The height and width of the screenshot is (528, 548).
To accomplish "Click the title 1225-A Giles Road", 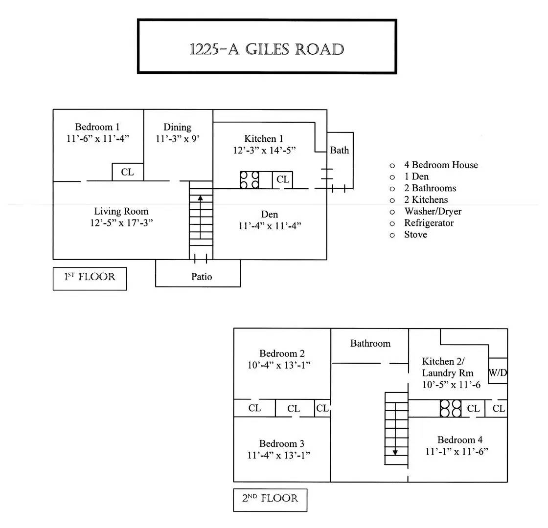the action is point(267,49).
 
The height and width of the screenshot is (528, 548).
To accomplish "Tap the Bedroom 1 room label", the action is point(97,127).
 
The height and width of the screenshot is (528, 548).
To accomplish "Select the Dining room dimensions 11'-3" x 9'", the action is point(177,139).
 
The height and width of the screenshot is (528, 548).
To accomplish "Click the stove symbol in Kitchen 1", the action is point(250,179).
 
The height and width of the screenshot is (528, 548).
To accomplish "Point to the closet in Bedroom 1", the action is point(127,172).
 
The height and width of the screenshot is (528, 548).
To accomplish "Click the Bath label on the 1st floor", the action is point(339,150).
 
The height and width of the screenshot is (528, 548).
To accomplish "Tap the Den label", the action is point(270,214).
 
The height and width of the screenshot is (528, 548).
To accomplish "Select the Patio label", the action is point(202,277).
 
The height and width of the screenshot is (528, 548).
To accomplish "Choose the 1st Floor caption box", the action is point(90,278).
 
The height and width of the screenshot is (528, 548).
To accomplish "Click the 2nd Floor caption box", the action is point(270,499).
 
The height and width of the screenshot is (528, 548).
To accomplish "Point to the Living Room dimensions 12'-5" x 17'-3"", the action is point(121,223).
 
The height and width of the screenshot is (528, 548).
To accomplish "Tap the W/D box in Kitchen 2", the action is point(498,373).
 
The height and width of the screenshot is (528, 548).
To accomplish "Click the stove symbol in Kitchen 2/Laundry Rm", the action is point(450,408).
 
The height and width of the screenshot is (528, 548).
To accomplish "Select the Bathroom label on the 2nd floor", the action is point(370,343).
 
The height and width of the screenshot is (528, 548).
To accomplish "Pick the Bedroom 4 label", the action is point(460,440).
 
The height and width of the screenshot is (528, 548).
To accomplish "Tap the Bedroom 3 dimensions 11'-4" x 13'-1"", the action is point(279,455).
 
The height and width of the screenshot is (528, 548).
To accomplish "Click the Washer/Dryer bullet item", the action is point(433,211).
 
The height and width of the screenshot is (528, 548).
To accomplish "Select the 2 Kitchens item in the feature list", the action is point(426,199).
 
